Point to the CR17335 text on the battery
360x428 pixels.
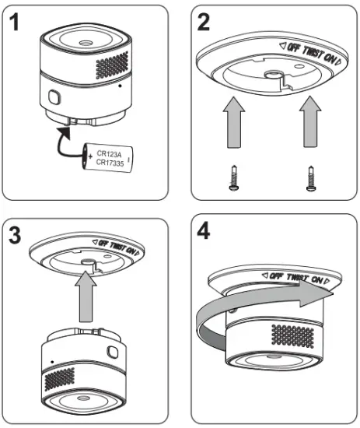[111, 163]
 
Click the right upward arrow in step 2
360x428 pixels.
[309, 121]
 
